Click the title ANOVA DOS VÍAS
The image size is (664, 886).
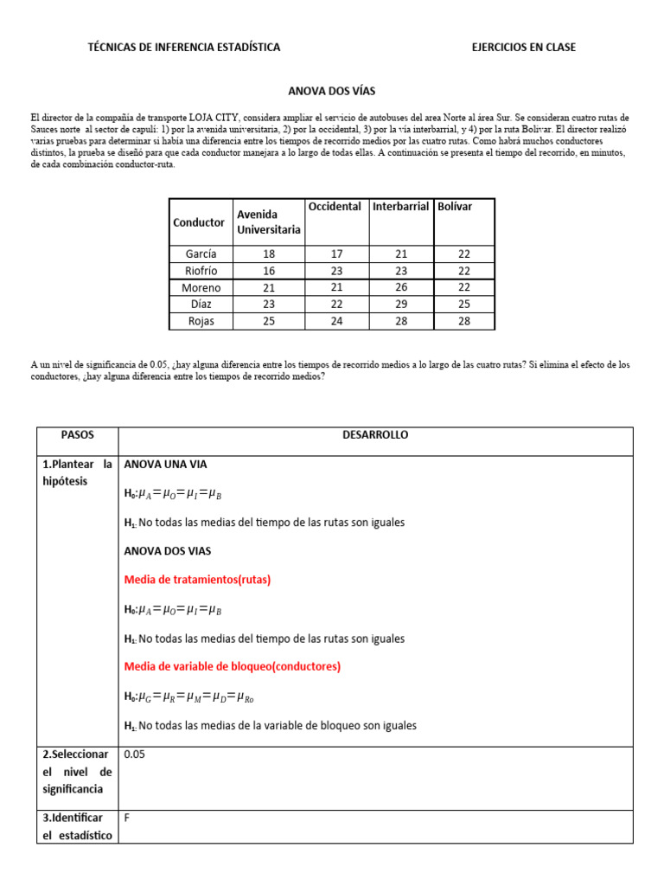(331, 90)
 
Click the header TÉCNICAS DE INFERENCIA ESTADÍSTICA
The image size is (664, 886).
(184, 47)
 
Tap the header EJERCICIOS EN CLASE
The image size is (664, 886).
(523, 47)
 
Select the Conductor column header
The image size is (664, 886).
(199, 222)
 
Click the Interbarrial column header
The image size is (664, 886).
(400, 207)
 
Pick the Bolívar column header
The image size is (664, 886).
(455, 207)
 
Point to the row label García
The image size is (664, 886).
(201, 254)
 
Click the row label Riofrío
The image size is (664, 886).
(201, 271)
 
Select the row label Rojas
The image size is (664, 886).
(201, 321)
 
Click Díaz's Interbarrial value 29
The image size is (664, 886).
(400, 305)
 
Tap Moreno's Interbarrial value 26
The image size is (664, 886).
(400, 287)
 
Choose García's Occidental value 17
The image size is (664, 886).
(337, 254)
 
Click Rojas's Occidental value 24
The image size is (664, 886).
(337, 321)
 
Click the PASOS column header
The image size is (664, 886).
(78, 435)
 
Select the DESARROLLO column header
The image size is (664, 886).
(375, 435)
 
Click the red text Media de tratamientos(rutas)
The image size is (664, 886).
(197, 580)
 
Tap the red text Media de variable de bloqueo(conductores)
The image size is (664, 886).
(233, 666)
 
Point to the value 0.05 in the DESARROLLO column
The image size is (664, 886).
(135, 754)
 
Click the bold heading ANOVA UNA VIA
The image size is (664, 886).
(166, 464)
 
